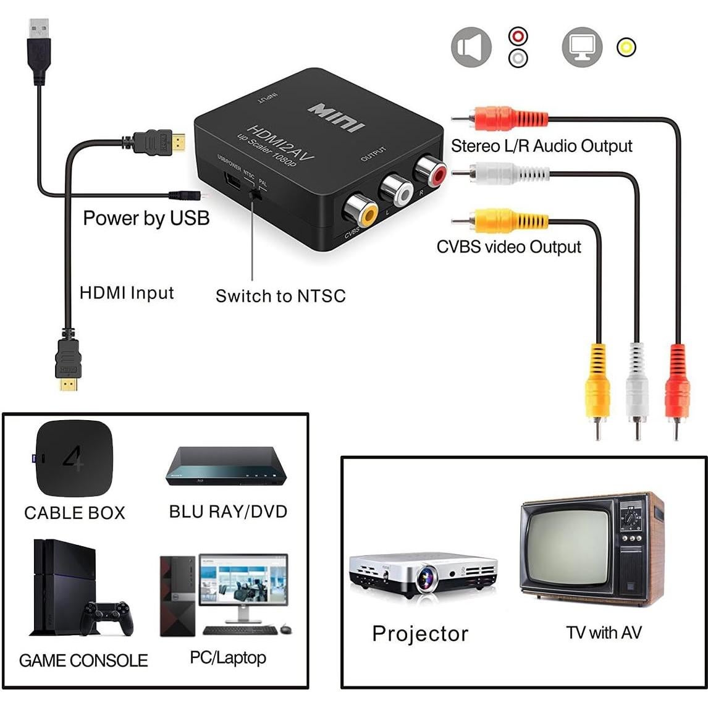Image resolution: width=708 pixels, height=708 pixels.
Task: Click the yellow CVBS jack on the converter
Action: pos(361,211)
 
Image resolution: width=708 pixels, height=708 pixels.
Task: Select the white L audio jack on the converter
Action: pos(396,190)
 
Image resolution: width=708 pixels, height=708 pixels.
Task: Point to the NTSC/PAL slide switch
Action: pos(253,193)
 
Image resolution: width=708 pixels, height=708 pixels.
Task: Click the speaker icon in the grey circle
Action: pos(471,48)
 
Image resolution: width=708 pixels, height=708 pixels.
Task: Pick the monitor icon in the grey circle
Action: pos(581,48)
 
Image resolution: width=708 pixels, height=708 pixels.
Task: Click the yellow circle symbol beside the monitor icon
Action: pos(626,48)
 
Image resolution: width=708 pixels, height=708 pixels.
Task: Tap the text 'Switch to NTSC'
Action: pos(280,296)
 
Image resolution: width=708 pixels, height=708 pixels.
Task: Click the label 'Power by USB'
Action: pos(146,218)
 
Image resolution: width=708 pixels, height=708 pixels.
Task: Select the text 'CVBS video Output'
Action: pos(508,247)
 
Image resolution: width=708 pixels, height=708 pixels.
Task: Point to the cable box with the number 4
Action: pos(74,458)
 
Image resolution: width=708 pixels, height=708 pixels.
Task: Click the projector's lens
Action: pos(426,579)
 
